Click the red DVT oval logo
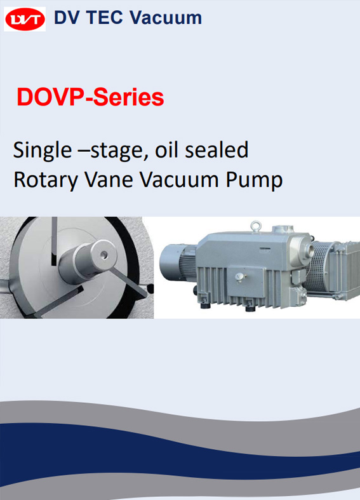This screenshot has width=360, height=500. click(x=25, y=19)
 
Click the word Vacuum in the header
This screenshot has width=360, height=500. click(x=165, y=18)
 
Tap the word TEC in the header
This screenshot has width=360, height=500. click(x=105, y=17)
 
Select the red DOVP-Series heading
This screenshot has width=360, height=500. click(x=91, y=97)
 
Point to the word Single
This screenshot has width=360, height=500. click(x=43, y=151)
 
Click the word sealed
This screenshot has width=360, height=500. click(x=217, y=150)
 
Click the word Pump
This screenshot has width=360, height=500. click(x=254, y=180)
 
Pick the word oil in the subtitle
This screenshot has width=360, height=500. click(x=167, y=150)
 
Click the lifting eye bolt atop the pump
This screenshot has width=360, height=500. click(x=255, y=226)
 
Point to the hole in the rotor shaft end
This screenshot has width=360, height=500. click(x=103, y=255)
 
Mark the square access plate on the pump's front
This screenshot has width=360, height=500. click(x=244, y=281)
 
